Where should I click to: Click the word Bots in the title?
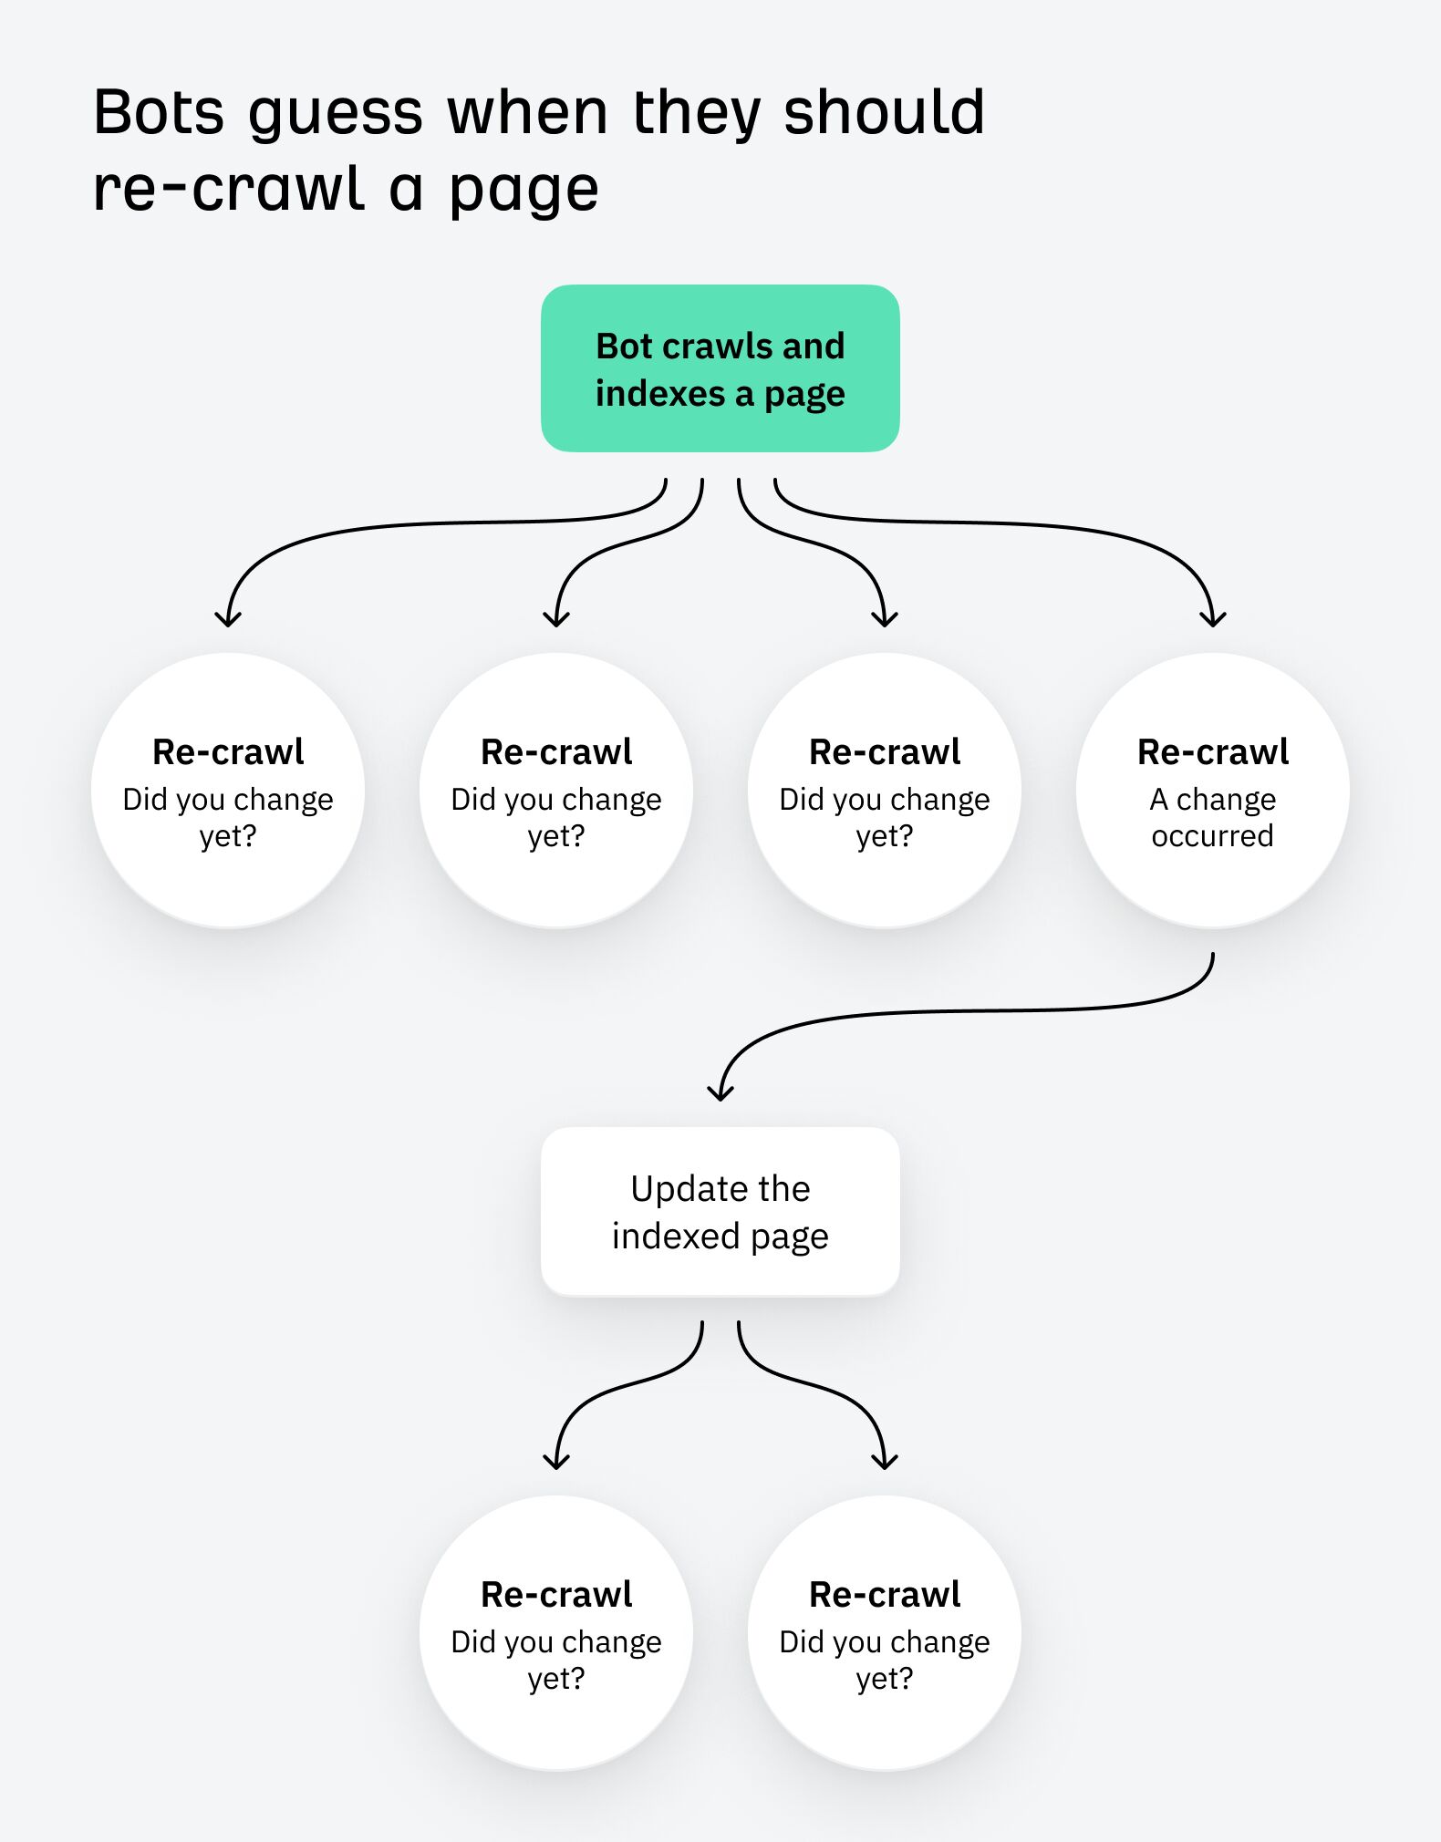158,113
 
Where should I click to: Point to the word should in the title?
884,113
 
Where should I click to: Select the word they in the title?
696,115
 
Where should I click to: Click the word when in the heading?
527,113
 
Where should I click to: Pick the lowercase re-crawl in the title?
229,190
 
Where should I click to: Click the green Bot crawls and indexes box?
720,368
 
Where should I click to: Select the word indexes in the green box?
660,394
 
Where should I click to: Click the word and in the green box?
813,347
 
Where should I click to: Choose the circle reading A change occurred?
1212,791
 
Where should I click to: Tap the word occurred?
1212,836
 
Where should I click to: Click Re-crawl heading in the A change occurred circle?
1212,752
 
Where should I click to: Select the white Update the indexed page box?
720,1211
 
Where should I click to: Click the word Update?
677,1189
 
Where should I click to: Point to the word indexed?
675,1237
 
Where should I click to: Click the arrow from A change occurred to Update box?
967,1011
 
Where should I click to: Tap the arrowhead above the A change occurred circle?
1212,619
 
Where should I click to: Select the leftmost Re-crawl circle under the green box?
228,791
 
